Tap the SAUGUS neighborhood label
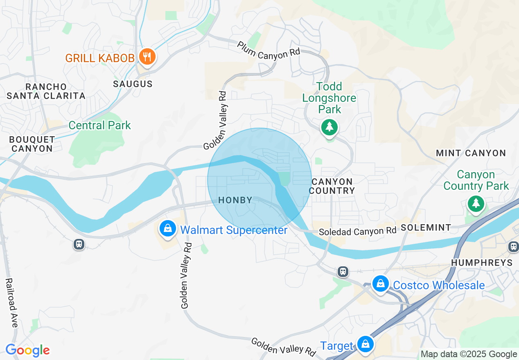pyautogui.click(x=133, y=84)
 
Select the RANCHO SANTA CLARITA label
pyautogui.click(x=46, y=91)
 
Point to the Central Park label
pyautogui.click(x=99, y=125)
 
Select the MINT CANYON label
pyautogui.click(x=471, y=153)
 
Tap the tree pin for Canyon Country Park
pyautogui.click(x=476, y=203)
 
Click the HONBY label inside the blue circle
pyautogui.click(x=235, y=200)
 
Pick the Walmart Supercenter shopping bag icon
pyautogui.click(x=168, y=229)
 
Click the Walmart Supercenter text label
pyautogui.click(x=234, y=230)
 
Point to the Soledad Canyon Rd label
pyautogui.click(x=357, y=231)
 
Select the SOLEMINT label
pyautogui.click(x=426, y=227)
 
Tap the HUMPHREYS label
pyautogui.click(x=481, y=262)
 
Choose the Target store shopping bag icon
pyautogui.click(x=364, y=344)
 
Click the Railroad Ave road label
pyautogui.click(x=12, y=303)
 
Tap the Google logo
pyautogui.click(x=27, y=350)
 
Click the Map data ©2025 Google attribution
pyautogui.click(x=469, y=354)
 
